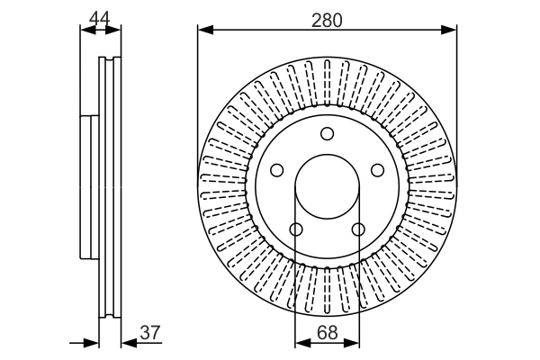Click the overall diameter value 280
point(327,19)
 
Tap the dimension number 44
point(100,16)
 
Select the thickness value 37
point(150,332)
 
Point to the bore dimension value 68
point(328,332)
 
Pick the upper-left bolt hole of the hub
point(277,169)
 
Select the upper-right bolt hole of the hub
point(377,169)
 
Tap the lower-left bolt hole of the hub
point(296,228)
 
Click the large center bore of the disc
point(327,186)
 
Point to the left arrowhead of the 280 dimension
point(204,30)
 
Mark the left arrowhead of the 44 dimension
point(87,30)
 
